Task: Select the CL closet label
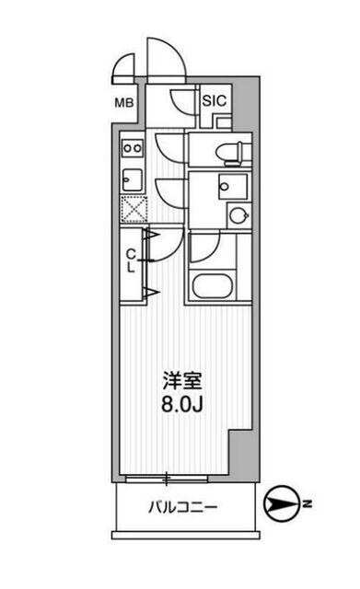pos(132,260)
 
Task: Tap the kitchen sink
pos(131,178)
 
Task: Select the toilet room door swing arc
pos(171,145)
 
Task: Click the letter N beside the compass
pos(310,504)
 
